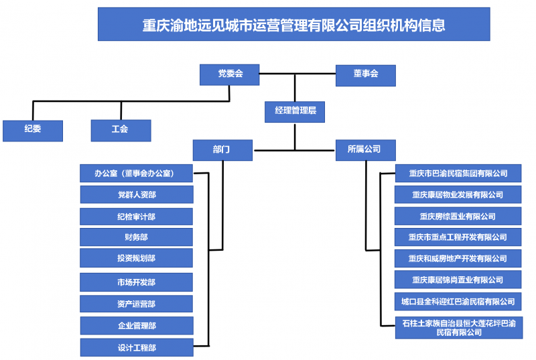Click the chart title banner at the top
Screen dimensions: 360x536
293,25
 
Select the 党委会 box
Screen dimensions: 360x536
229,74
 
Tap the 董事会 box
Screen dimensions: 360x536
365,74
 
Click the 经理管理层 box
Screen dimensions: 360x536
295,111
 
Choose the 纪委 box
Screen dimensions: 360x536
33,130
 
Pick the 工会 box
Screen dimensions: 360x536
121,130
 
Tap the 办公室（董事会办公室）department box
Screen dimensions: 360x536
137,174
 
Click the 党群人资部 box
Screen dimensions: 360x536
137,195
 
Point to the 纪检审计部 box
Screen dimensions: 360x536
137,217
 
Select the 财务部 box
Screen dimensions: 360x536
137,237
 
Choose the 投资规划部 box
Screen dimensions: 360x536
137,258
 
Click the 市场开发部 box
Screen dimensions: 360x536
137,282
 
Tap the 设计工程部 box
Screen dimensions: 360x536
137,348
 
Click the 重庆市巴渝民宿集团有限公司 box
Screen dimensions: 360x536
458,174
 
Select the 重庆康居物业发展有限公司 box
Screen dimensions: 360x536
458,195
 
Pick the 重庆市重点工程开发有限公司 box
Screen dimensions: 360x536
458,237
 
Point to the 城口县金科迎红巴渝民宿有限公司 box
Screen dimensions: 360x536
458,302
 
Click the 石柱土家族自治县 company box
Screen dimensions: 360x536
458,328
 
